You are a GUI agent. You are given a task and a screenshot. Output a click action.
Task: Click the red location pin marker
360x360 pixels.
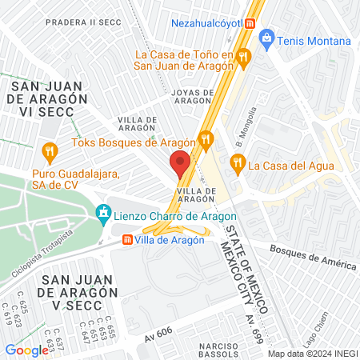click(180, 163)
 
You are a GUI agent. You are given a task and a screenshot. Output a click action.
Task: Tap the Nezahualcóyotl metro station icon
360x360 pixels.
click(251, 23)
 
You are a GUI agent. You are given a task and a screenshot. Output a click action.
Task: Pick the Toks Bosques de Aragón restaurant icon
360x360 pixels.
click(206, 141)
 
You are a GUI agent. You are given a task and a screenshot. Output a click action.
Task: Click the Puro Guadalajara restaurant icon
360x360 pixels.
click(50, 150)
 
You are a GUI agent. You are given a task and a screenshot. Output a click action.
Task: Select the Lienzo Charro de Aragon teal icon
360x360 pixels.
click(102, 213)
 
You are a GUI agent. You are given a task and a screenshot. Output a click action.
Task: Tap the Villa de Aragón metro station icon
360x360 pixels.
click(128, 239)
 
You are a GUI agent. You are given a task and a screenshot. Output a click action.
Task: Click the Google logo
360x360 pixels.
click(26, 350)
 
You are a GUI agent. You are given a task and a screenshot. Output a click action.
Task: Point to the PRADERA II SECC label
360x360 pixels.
click(83, 23)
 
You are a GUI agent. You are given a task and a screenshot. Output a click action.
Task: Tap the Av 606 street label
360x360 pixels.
click(159, 338)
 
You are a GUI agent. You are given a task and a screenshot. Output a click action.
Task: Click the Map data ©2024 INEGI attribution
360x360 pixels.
click(312, 353)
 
